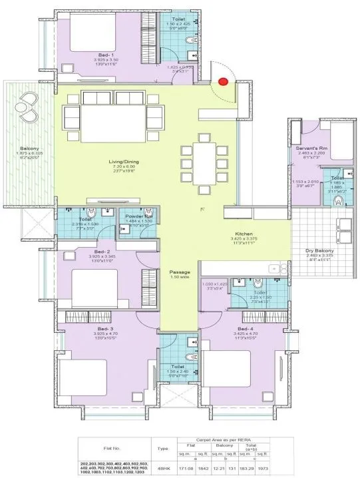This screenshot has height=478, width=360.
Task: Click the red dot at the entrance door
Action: [222, 82]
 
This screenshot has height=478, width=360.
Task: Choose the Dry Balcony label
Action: [319, 252]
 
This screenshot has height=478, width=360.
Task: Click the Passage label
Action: [180, 273]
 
